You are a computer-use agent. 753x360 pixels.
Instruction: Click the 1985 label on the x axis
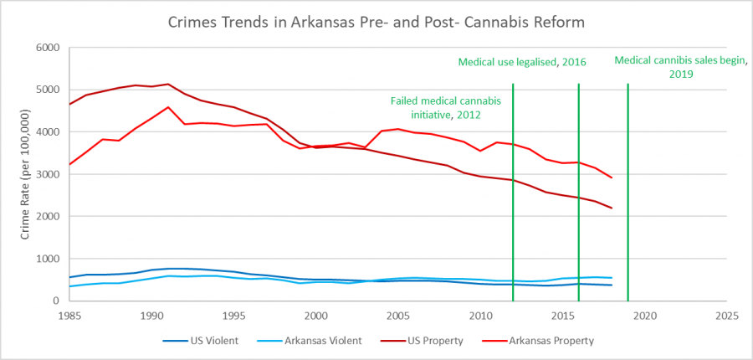[69, 316]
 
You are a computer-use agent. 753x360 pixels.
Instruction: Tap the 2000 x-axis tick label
[315, 316]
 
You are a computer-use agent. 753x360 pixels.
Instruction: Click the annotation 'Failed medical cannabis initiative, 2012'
[435, 107]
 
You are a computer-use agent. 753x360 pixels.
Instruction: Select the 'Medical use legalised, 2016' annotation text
[522, 62]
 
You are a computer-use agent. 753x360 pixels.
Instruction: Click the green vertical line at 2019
[627, 193]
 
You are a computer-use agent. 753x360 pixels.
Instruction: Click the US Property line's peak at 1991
[168, 84]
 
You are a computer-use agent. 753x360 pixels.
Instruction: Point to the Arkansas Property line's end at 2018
[612, 177]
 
